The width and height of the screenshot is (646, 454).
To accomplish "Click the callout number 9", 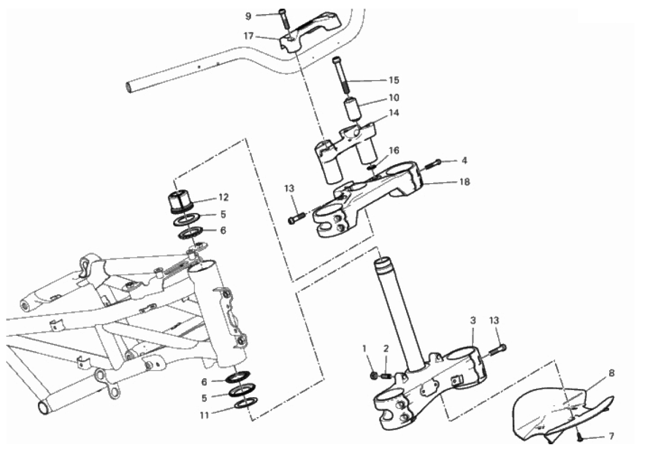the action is [x=248, y=16].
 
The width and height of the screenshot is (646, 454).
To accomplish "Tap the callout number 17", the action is [x=249, y=36].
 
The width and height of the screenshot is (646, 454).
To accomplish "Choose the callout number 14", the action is [x=394, y=113].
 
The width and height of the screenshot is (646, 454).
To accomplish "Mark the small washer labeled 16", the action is [x=371, y=167].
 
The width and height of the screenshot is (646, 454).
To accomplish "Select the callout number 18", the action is [x=464, y=182].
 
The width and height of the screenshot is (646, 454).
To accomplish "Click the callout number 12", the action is [x=223, y=198].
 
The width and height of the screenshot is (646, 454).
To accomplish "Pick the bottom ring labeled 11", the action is [x=246, y=403].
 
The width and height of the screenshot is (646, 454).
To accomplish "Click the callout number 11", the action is [x=205, y=415].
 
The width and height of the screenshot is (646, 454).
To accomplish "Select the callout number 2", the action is [x=386, y=349].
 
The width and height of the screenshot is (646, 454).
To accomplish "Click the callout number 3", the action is [x=473, y=320].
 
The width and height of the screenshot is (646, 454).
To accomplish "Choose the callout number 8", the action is [x=611, y=373].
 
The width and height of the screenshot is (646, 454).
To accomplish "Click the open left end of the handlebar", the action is [x=129, y=87].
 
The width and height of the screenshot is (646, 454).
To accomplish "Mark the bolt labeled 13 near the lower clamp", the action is [x=497, y=350].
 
